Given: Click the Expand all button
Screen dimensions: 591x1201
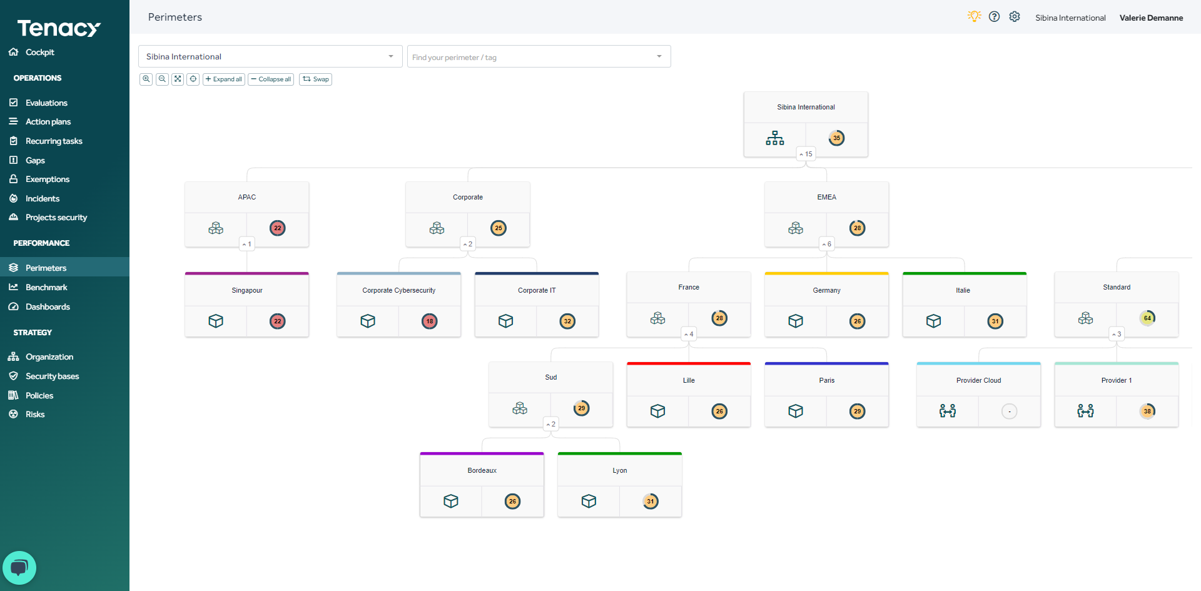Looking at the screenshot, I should click(x=223, y=79).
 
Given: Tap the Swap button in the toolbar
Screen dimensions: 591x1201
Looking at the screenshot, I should click(x=315, y=79).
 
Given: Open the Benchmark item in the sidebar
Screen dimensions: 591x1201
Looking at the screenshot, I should click(x=46, y=287).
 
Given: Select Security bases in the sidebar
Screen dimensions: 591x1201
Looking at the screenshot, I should click(x=52, y=376).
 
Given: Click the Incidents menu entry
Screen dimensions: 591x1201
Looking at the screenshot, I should click(x=43, y=198).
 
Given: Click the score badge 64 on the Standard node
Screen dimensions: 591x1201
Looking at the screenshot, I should click(x=1147, y=318).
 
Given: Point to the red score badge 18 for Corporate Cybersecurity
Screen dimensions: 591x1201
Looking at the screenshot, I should click(x=430, y=321).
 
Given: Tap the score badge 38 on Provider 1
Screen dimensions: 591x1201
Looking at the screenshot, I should click(x=1147, y=411).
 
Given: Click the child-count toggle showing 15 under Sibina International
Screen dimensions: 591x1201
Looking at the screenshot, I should click(x=806, y=154).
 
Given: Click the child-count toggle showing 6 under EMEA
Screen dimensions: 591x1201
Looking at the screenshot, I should click(x=826, y=244).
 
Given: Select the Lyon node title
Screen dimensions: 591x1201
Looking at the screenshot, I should click(x=619, y=470).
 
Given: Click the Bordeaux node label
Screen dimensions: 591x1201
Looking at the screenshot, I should click(x=482, y=470).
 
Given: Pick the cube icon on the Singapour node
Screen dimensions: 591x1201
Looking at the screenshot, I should click(x=216, y=321).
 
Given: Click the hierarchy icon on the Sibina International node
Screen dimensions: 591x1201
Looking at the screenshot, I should click(x=774, y=138).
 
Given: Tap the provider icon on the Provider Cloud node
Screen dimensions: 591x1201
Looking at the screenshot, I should click(x=947, y=411).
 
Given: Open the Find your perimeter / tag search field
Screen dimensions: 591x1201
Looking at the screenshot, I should click(x=538, y=57).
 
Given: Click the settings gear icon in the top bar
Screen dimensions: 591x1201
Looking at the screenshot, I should click(x=1015, y=17).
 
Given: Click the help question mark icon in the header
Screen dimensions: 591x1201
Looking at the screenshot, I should click(x=994, y=17).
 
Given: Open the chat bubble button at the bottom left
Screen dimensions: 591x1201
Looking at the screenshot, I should click(x=19, y=567).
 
